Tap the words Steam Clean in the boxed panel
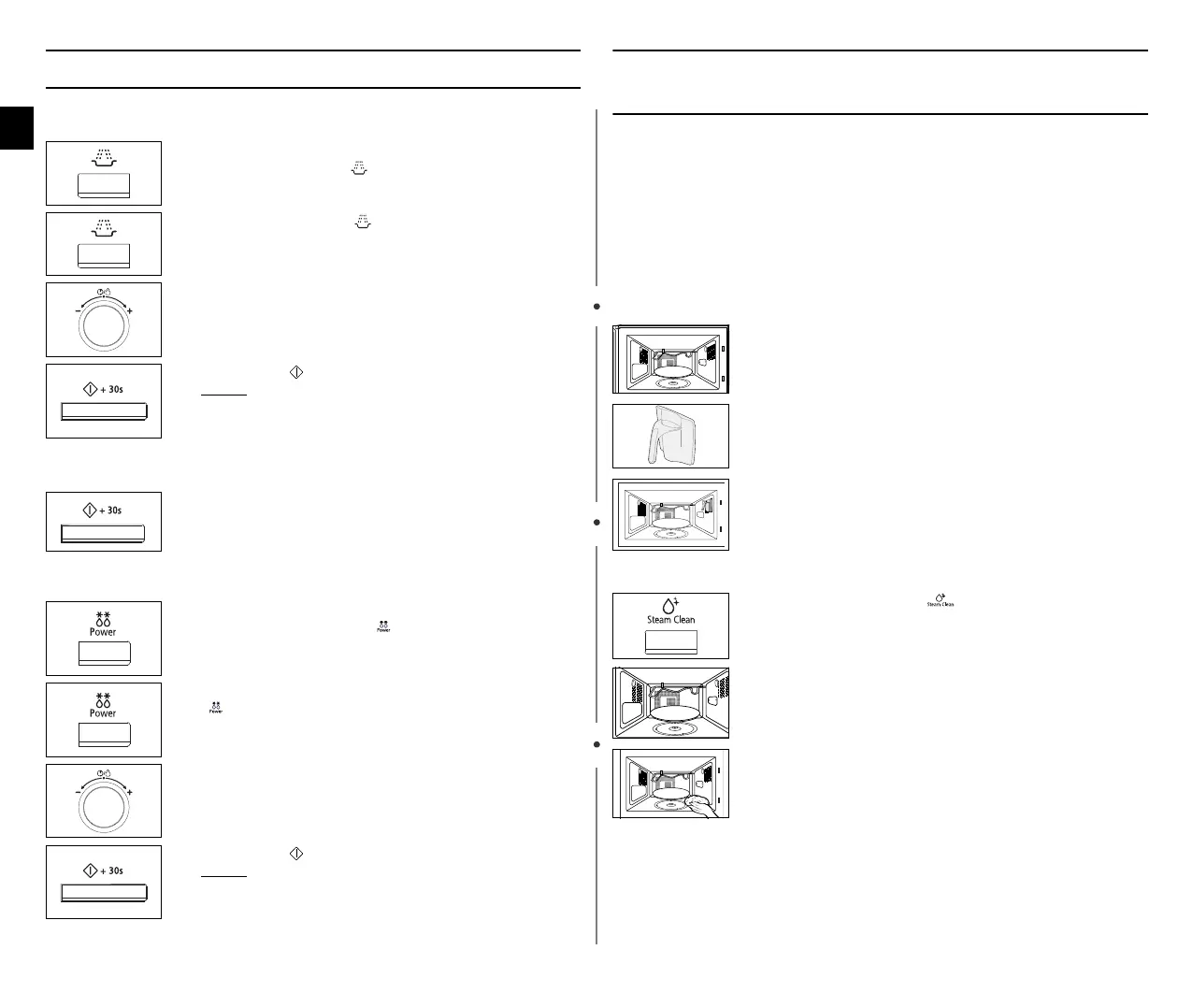[670, 619]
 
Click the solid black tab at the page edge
[17, 127]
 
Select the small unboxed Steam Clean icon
[940, 599]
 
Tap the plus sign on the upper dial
[129, 310]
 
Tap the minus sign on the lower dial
[77, 792]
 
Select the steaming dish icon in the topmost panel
[103, 158]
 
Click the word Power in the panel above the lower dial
[103, 713]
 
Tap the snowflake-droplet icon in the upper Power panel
[103, 618]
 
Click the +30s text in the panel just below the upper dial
[111, 389]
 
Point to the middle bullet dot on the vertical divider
[596, 523]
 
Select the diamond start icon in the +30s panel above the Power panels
[90, 511]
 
